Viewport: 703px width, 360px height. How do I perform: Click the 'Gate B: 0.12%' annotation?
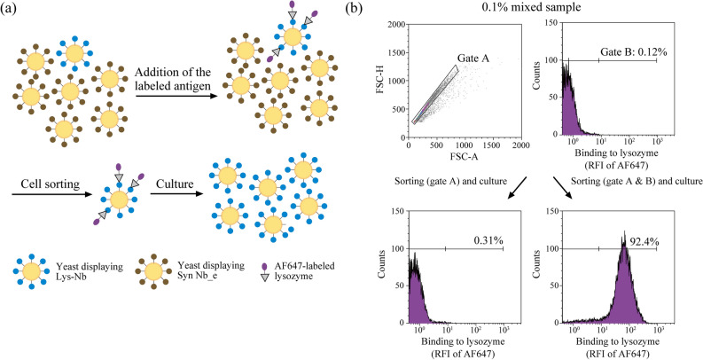click(622, 51)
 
